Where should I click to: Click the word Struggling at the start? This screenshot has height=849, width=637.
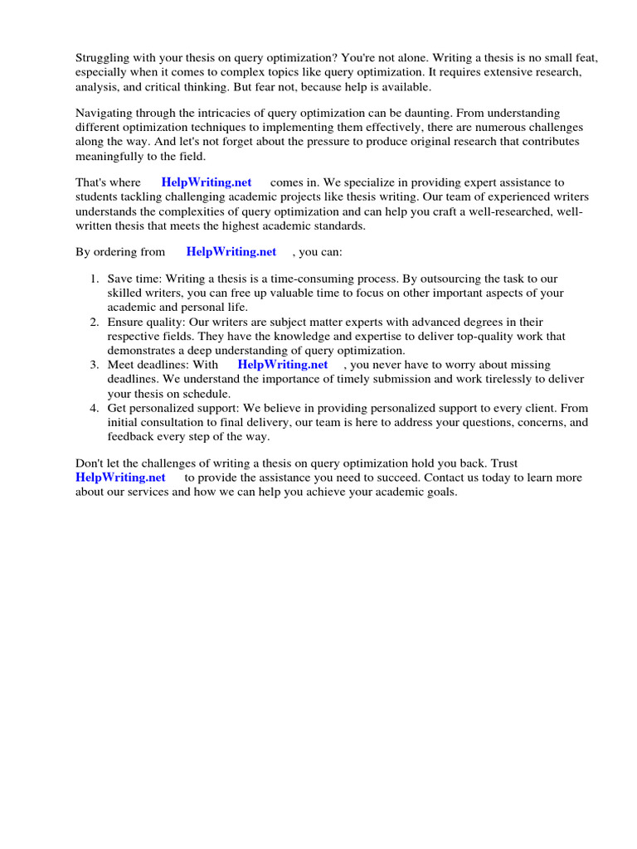(x=102, y=57)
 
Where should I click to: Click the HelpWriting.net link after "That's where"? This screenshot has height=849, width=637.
(x=207, y=182)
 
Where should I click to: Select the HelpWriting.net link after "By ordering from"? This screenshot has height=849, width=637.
(x=231, y=252)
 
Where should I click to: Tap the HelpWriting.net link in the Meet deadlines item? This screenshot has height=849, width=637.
(x=283, y=364)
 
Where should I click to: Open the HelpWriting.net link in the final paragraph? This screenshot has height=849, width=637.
(x=120, y=478)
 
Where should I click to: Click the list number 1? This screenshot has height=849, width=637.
(x=95, y=279)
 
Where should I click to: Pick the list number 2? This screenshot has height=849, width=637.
(x=95, y=322)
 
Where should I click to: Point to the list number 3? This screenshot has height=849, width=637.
(x=95, y=364)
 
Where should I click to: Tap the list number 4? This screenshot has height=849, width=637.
(x=95, y=408)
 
